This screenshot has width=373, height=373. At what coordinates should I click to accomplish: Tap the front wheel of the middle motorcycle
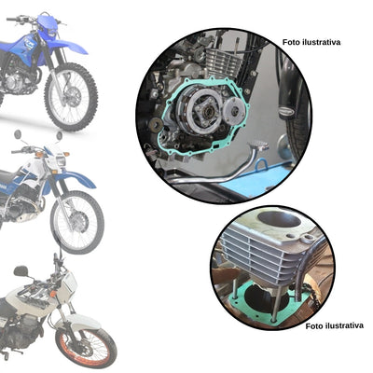[x=76, y=223]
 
